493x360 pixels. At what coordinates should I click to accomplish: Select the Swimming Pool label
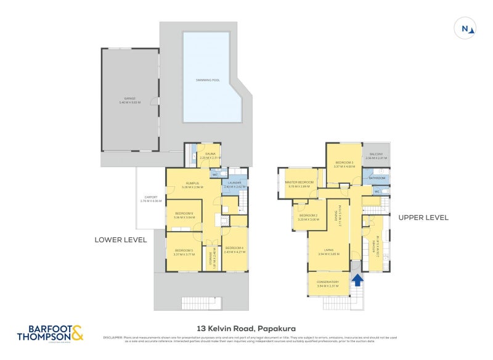point(207,80)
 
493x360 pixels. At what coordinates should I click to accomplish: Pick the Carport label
point(150,199)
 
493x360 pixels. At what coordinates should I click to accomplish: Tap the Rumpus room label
point(194,184)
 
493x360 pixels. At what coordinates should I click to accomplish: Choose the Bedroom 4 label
point(234,249)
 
